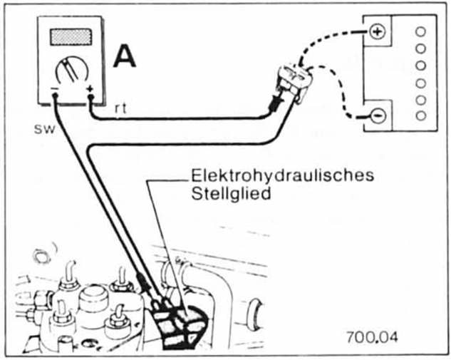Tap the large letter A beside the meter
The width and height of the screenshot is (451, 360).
coord(125,58)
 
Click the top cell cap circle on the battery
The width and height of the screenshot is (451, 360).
coord(420,32)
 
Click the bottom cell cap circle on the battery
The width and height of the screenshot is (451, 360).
coord(420,115)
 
